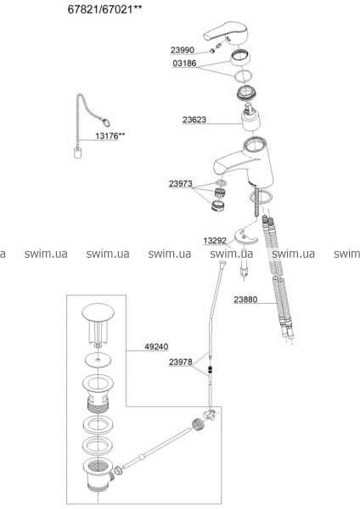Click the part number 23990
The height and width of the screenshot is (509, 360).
182,50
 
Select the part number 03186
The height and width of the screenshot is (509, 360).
184,63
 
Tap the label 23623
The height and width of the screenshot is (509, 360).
194,120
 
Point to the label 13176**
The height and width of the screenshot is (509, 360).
110,136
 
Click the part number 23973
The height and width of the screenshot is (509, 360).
180,184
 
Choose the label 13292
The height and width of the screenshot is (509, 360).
215,241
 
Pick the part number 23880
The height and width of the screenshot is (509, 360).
245,299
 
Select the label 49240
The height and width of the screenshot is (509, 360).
156,347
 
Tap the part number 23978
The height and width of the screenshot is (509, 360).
180,361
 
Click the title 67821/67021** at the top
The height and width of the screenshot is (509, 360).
105,9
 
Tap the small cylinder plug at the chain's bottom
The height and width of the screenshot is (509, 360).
77,153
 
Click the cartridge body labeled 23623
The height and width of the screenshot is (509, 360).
251,119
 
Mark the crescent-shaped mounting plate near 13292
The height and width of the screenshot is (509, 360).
246,236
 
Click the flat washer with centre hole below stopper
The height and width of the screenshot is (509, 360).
98,360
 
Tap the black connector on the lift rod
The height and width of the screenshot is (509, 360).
211,369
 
